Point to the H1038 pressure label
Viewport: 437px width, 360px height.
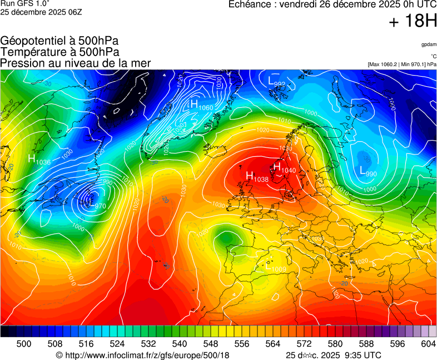coord(257,177)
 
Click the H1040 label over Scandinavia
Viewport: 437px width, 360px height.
coord(284,167)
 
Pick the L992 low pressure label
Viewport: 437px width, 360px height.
coord(276,82)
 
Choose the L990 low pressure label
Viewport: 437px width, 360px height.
coord(368,172)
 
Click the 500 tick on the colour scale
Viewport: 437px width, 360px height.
coord(24,344)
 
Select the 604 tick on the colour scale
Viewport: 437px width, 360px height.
coord(428,344)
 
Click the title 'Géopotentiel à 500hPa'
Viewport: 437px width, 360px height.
coord(59,41)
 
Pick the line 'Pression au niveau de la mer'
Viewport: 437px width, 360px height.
coord(76,63)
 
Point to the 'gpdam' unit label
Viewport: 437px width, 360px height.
coord(428,44)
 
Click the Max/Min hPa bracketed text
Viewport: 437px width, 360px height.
coord(402,64)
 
